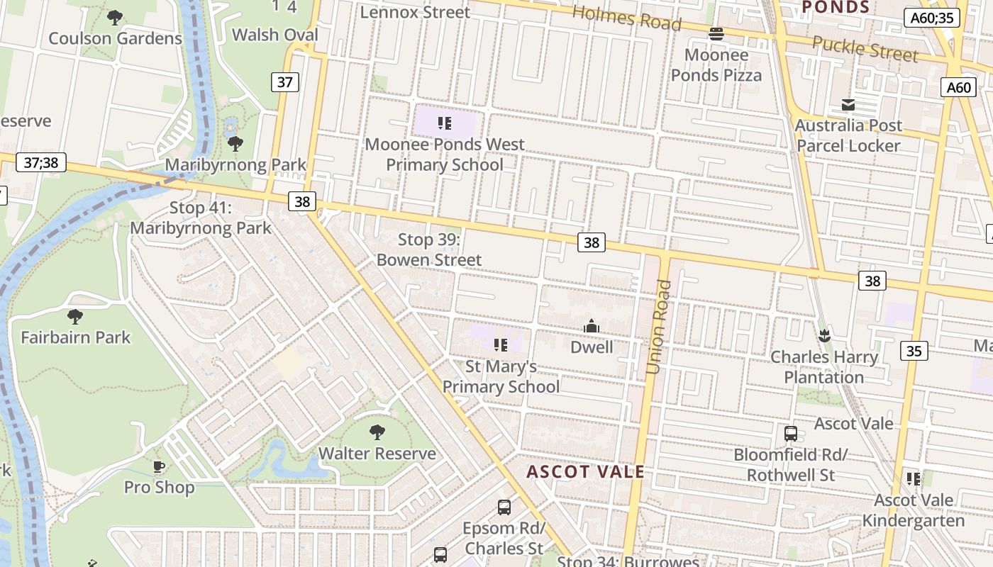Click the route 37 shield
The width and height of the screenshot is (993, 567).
(284, 82)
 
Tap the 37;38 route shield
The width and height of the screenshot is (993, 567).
(41, 162)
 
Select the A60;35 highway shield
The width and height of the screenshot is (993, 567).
(932, 18)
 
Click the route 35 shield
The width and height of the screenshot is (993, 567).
(914, 350)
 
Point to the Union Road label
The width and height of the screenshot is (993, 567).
(658, 327)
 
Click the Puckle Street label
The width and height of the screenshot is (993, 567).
(865, 49)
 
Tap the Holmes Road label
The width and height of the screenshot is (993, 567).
(626, 18)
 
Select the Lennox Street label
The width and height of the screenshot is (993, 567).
(415, 12)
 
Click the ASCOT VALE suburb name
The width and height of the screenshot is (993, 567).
(586, 472)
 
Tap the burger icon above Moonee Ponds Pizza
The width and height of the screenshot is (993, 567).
(716, 33)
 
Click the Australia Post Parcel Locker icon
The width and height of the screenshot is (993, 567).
(848, 105)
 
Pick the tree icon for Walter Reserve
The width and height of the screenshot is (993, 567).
(377, 432)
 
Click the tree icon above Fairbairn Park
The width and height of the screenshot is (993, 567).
(75, 316)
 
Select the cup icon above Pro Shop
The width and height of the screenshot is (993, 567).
(159, 466)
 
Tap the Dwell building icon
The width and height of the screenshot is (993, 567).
(591, 327)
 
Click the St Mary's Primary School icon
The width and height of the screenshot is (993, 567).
(501, 345)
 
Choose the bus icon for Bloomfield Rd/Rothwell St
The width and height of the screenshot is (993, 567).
(791, 433)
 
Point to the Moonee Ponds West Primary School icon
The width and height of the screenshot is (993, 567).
(444, 124)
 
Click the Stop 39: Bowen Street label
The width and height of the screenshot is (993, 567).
(429, 249)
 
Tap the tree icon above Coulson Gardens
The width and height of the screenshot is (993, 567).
(115, 18)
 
